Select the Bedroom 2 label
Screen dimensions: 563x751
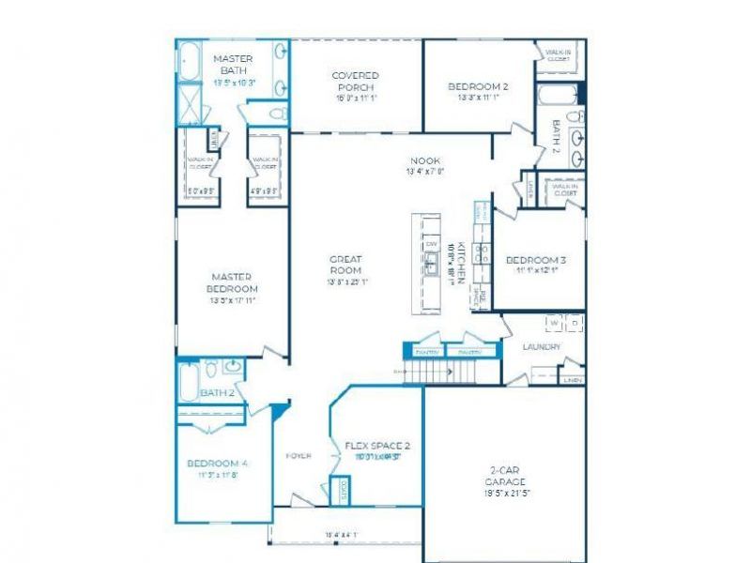point(479,86)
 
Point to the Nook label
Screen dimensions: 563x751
point(424,160)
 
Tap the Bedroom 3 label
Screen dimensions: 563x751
point(535,260)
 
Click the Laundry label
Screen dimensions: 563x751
point(542,347)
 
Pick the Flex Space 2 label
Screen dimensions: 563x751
point(377,446)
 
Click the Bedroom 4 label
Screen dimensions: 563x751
point(217,464)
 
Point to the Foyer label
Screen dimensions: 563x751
point(299,456)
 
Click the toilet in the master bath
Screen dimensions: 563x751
point(276,114)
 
